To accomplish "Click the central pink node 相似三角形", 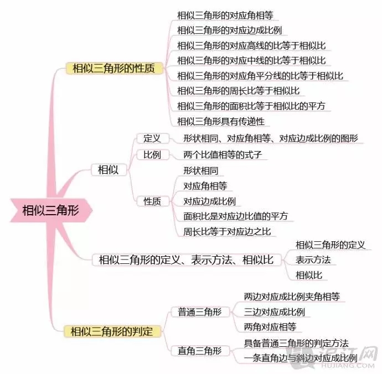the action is (51, 210).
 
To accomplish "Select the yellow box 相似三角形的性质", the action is (114, 69).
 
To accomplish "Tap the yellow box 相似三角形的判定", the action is (112, 331).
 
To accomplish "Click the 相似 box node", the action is (109, 170).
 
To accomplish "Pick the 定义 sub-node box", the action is (152, 138).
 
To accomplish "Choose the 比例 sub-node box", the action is (152, 154).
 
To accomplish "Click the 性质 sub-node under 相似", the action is (152, 201).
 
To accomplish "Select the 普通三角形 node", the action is (200, 312).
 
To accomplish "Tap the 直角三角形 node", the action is (200, 351).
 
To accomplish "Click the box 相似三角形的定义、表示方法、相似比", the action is (187, 260).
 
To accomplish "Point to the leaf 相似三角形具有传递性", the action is (221, 121).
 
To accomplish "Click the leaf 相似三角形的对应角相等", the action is (225, 15).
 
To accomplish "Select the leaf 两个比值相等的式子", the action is (223, 154).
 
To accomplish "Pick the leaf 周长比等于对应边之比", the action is (227, 232).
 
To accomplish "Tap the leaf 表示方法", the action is (313, 260).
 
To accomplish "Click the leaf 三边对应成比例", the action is (275, 312).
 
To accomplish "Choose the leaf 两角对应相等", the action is (270, 327).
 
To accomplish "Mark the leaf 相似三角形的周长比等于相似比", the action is (239, 91).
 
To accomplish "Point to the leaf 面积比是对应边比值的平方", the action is (236, 216).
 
